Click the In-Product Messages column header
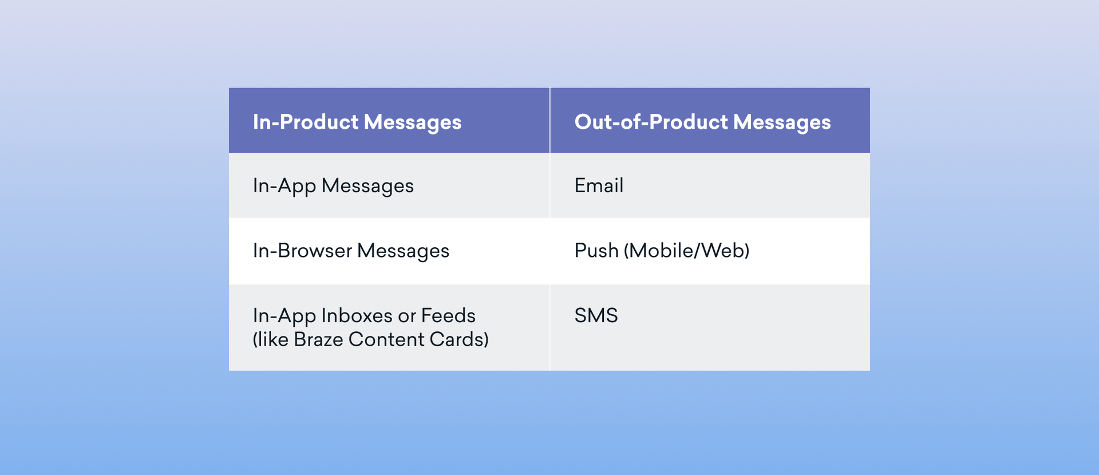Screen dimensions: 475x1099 [x=357, y=122]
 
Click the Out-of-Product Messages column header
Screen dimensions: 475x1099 [x=702, y=122]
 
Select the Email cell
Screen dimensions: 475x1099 [x=599, y=186]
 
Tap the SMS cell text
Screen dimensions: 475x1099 [x=596, y=316]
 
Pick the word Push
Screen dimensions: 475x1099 [x=596, y=251]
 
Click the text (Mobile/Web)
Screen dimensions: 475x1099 [x=686, y=251]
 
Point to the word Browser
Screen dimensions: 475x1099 [x=314, y=251]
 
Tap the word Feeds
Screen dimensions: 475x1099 [x=448, y=316]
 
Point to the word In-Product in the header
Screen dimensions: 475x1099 [x=306, y=122]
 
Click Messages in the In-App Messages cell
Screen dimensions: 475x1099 [x=367, y=186]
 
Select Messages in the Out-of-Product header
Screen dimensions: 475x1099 [x=782, y=122]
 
